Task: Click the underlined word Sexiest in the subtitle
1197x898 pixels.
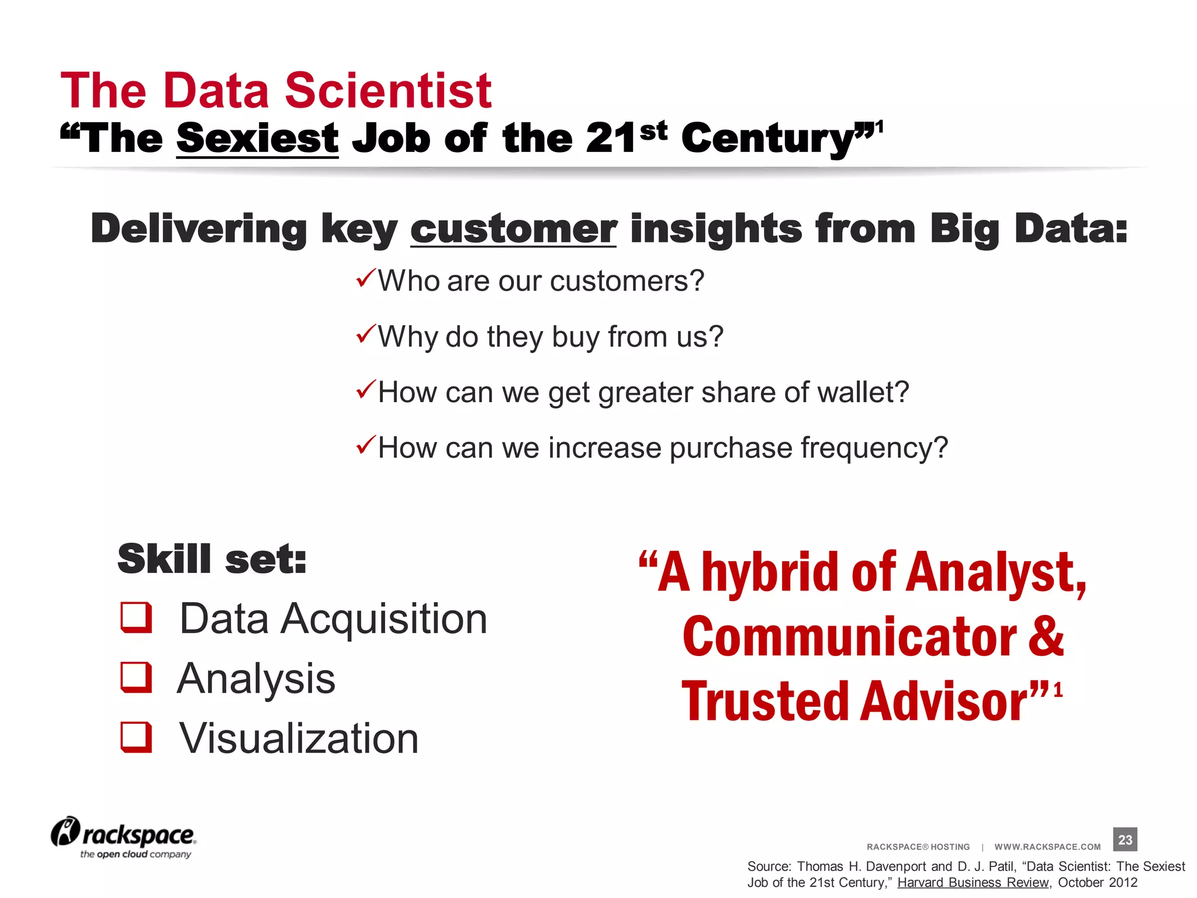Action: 257,139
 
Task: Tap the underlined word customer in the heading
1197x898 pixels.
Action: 513,229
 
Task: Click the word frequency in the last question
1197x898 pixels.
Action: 874,448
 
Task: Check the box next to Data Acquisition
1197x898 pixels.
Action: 136,617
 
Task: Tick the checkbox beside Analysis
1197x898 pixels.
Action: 136,677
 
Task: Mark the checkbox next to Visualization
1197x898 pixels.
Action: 136,737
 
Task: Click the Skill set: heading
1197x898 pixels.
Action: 212,559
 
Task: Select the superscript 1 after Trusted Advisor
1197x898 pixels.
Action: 1057,691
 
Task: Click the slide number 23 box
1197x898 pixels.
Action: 1125,840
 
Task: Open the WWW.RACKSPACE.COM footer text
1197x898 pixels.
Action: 1047,847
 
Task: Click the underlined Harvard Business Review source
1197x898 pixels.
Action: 973,883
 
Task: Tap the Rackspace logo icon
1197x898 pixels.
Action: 65,831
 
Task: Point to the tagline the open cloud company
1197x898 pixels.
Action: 136,854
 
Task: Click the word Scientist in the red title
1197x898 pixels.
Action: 388,91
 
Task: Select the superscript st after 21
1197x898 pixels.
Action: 653,130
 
